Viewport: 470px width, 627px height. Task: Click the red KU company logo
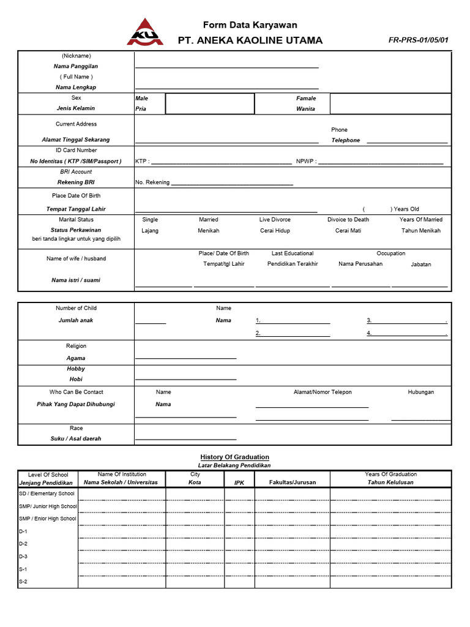click(145, 32)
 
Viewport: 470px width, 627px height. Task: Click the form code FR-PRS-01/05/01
click(418, 40)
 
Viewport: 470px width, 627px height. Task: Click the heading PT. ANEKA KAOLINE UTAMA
click(250, 40)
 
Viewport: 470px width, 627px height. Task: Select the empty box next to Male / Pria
click(209, 103)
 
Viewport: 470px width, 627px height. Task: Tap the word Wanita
click(305, 108)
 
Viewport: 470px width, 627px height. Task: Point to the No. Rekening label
click(151, 182)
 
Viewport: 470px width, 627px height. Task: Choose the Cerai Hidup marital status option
click(275, 231)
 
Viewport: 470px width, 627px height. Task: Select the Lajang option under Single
click(150, 231)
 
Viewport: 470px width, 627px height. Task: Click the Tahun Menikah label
click(420, 231)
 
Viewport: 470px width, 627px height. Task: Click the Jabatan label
click(420, 265)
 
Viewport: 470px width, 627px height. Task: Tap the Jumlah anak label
click(76, 320)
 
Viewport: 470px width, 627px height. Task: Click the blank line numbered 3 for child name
click(409, 321)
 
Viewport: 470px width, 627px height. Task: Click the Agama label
click(76, 358)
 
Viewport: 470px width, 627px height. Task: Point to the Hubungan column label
click(420, 392)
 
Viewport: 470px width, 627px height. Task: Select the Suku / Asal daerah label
click(76, 438)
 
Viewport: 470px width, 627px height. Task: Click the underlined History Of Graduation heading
click(234, 457)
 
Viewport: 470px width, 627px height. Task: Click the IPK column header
click(239, 482)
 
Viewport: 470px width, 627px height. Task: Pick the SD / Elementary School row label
click(47, 494)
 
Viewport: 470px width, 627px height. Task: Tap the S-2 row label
click(23, 581)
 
